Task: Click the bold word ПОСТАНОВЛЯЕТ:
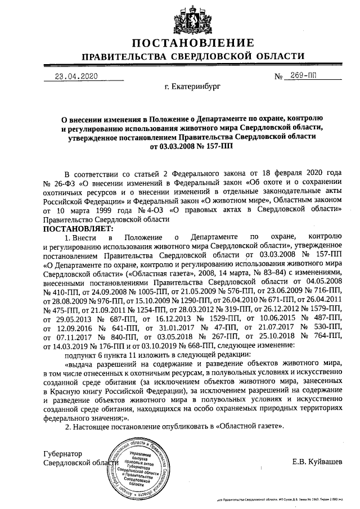(x=78, y=228)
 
